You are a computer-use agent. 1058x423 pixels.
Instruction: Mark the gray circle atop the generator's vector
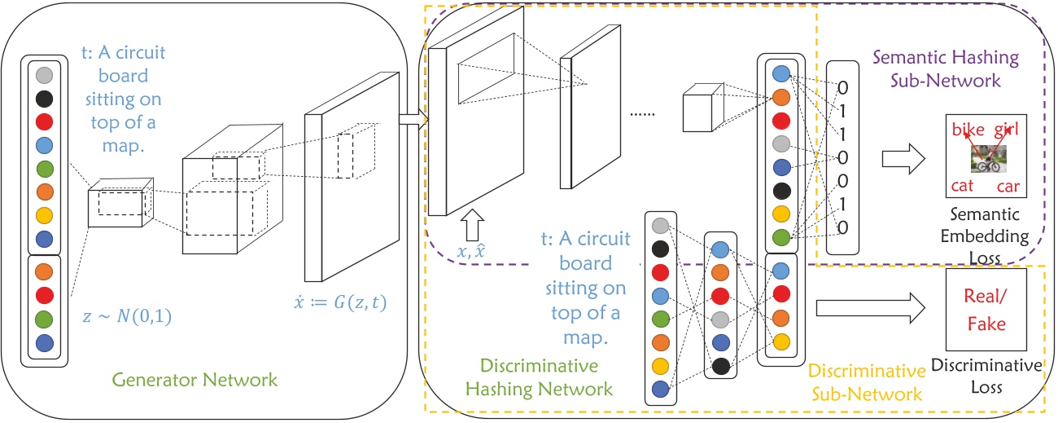click(45, 76)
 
